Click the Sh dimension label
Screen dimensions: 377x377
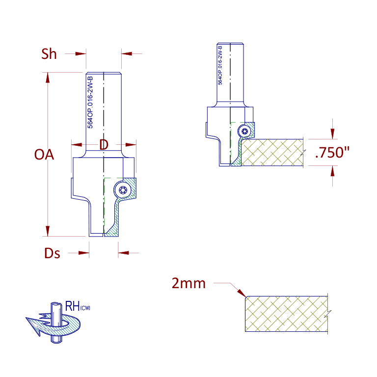(x=49, y=54)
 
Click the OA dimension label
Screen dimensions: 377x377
(x=44, y=154)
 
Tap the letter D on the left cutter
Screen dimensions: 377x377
(x=104, y=144)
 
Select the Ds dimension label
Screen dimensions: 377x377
(x=52, y=253)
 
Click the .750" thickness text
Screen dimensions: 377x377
(x=332, y=153)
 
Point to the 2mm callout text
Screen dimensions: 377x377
(x=188, y=283)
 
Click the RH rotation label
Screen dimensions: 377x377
(x=78, y=306)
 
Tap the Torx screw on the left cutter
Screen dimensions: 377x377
(x=123, y=190)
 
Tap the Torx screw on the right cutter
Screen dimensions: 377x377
(x=245, y=131)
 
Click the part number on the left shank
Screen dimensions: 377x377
(x=90, y=103)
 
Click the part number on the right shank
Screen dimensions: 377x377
(x=220, y=65)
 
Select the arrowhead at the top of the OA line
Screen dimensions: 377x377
(x=48, y=78)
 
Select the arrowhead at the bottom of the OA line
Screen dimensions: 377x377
(x=48, y=231)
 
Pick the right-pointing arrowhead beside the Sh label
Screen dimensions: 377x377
(x=81, y=54)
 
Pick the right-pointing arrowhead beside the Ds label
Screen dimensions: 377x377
(x=83, y=253)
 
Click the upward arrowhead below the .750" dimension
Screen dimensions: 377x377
(x=332, y=171)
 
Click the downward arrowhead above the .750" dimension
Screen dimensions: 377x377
(x=332, y=134)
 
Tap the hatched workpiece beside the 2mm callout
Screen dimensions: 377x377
(x=286, y=314)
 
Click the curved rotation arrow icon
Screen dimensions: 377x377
(x=54, y=325)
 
